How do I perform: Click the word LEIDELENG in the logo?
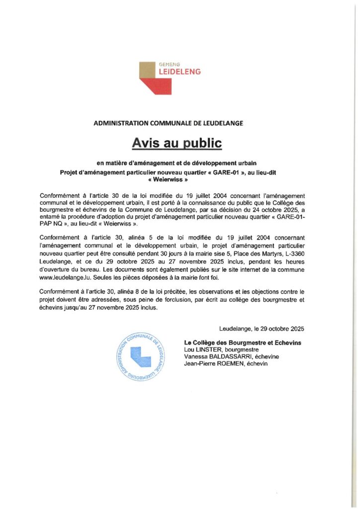click(x=180, y=72)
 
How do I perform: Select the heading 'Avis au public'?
click(x=176, y=143)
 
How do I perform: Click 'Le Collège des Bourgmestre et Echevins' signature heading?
click(x=243, y=343)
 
